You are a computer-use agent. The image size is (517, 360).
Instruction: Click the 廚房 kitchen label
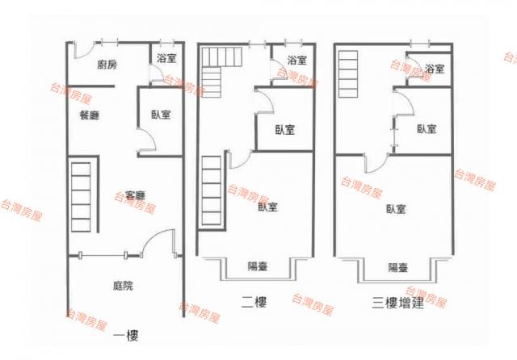click(x=107, y=65)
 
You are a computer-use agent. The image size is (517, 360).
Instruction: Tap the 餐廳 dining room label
click(x=90, y=115)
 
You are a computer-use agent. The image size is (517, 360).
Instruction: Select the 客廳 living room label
click(x=136, y=195)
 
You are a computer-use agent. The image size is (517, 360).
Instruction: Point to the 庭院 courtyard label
click(x=123, y=285)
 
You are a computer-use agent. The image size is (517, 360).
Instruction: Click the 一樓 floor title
click(x=126, y=336)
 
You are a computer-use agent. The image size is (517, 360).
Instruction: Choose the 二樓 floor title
click(x=254, y=302)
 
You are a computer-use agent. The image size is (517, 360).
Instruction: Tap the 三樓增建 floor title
click(x=398, y=303)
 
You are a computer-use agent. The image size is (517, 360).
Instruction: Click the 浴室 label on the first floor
click(x=166, y=59)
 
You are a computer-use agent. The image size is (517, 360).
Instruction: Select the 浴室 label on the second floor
click(x=297, y=60)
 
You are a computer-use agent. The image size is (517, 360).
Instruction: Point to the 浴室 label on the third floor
click(x=435, y=69)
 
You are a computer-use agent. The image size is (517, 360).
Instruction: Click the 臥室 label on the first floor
click(x=161, y=115)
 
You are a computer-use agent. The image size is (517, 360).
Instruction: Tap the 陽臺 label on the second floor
click(x=258, y=266)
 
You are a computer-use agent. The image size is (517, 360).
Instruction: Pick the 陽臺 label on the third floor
click(x=398, y=267)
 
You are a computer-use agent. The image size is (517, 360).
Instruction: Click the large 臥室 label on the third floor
click(x=396, y=209)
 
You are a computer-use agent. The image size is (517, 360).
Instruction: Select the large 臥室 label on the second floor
click(x=267, y=207)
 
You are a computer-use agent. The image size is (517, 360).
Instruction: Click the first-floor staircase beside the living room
click(x=81, y=197)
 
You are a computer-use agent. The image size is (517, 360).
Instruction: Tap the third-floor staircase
click(x=348, y=74)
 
